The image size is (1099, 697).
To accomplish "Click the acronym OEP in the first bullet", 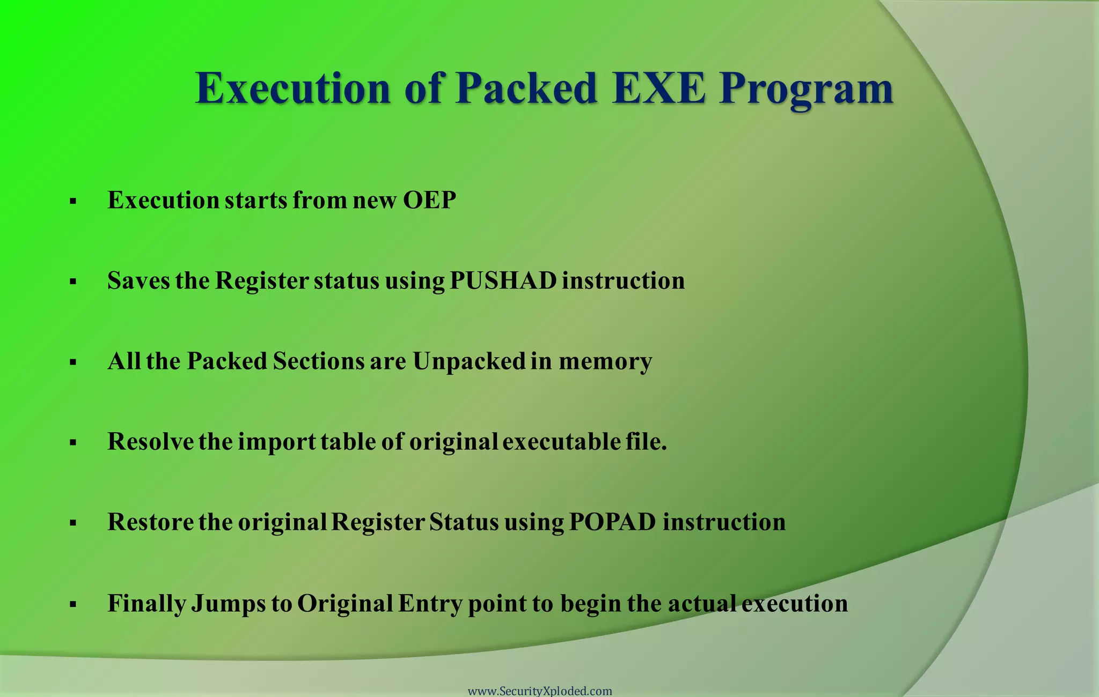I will (429, 200).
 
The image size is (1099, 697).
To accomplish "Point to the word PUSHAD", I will (503, 280).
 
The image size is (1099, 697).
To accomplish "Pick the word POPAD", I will (612, 522).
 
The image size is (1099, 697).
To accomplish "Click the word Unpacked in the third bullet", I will (468, 361).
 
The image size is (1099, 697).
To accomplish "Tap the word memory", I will (605, 361).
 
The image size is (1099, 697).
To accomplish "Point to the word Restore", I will (150, 522).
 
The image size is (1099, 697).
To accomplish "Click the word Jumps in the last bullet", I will (229, 604).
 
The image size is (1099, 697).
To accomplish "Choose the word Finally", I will (146, 604).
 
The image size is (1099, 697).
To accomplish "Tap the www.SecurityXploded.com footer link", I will (540, 691).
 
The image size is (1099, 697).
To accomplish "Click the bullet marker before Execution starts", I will (73, 202).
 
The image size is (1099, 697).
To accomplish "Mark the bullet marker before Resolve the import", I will (73, 443).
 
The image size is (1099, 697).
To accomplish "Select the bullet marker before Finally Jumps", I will (73, 605).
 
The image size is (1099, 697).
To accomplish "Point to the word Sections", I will (318, 361).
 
